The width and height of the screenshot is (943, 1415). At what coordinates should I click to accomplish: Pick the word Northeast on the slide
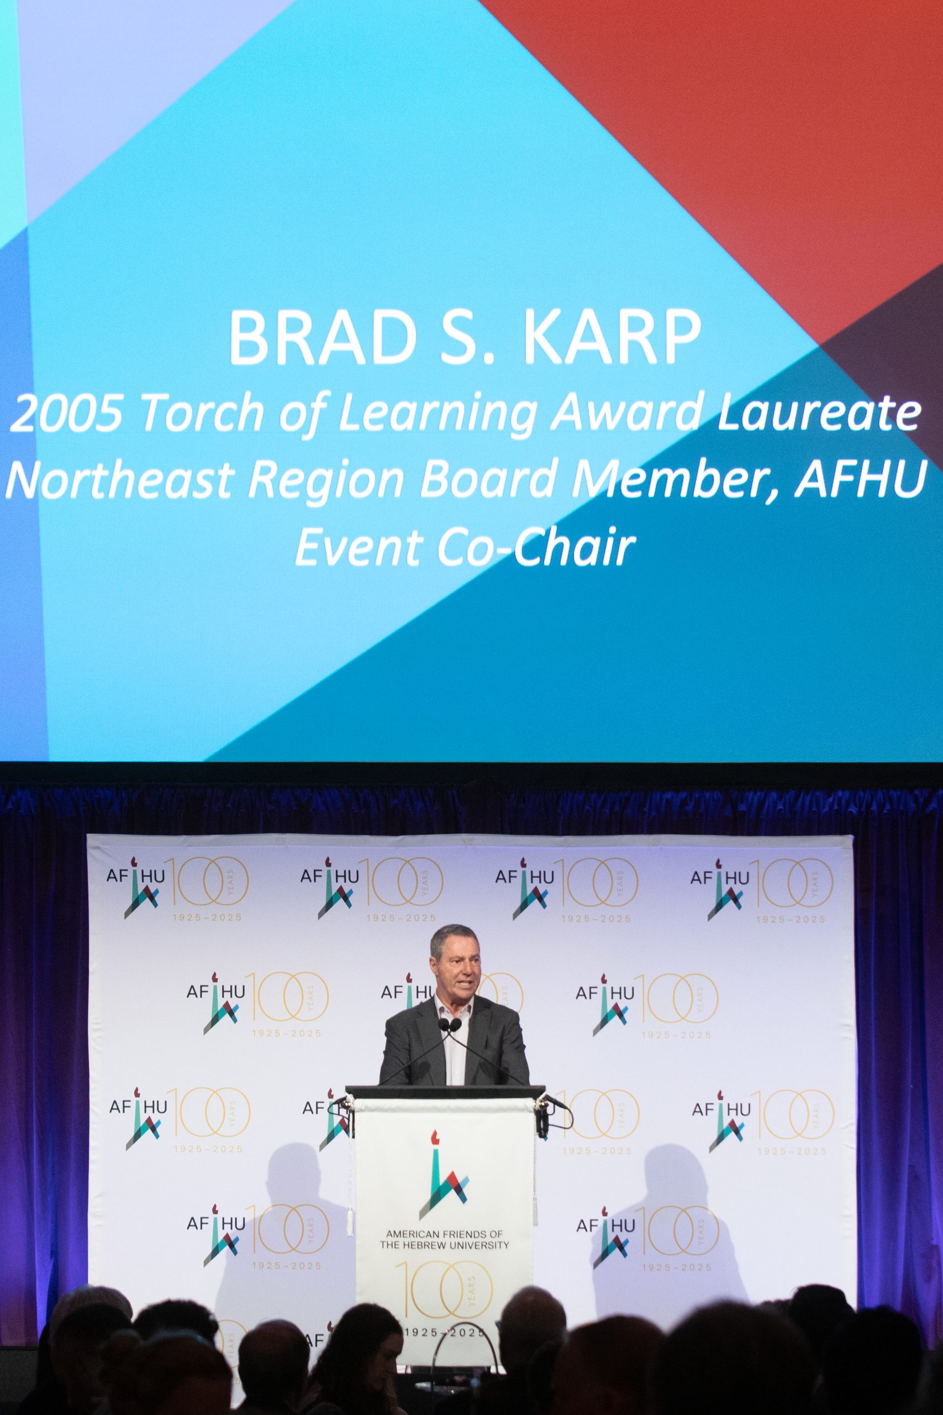point(120,481)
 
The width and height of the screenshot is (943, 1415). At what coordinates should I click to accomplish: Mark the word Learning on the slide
point(437,416)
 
